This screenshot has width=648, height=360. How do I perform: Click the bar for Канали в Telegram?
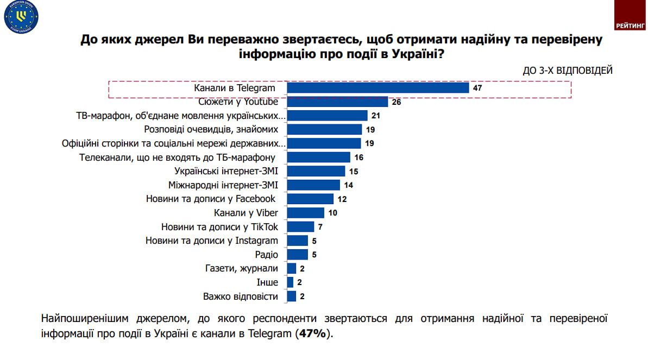378,88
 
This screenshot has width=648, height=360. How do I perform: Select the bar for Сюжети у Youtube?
337,102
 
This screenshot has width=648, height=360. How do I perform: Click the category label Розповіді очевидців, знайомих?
211,129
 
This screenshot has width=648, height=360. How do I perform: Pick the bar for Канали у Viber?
305,213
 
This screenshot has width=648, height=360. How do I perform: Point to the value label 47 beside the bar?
477,88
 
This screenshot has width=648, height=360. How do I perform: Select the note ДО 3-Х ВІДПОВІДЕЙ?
568,71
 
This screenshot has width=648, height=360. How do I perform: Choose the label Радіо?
266,255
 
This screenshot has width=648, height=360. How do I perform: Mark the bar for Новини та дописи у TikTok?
300,227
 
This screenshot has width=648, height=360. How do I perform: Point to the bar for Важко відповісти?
291,296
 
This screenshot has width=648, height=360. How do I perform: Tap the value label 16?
358,157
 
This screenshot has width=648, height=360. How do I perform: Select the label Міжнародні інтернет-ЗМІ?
223,185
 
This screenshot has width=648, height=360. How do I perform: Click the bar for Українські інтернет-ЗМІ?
316,171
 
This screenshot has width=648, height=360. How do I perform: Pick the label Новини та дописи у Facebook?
211,199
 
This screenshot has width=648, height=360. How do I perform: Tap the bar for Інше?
290,282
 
